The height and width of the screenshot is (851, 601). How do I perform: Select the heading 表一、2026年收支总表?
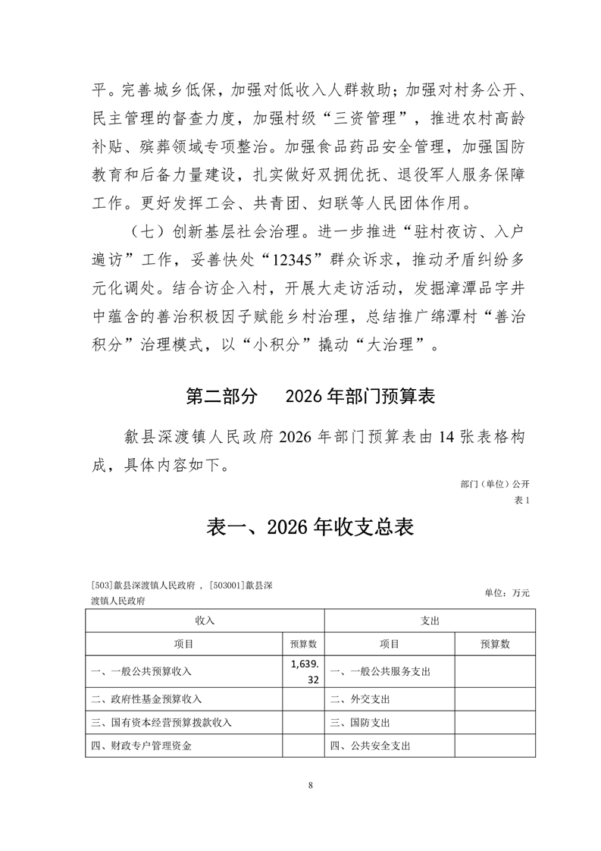[x=310, y=527]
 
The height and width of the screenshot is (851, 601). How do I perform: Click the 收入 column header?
[x=205, y=620]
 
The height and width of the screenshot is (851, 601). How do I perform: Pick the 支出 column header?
[x=430, y=620]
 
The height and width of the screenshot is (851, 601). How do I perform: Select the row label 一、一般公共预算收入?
[x=141, y=671]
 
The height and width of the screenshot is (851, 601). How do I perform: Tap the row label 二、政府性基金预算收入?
[x=146, y=698]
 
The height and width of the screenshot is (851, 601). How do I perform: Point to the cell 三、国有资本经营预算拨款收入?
[x=161, y=722]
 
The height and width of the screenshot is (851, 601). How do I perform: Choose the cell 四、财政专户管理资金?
[x=141, y=746]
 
